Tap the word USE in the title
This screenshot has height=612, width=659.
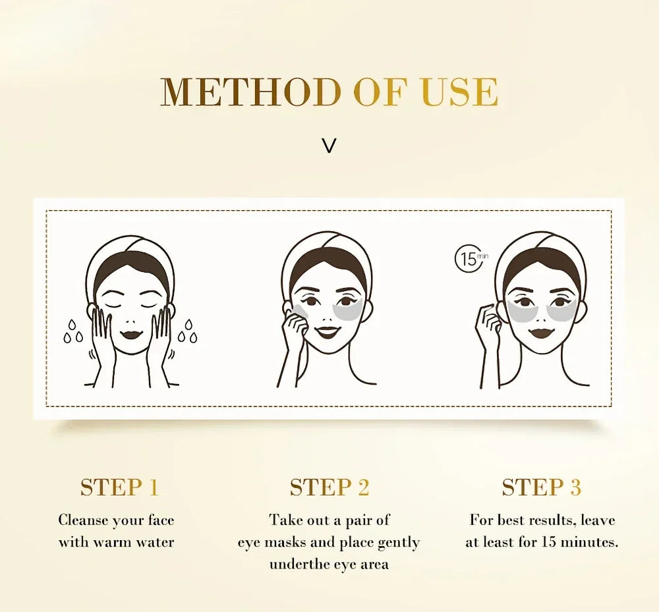point(459,92)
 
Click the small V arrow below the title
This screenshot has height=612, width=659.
point(329,146)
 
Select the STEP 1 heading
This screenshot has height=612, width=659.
point(119,487)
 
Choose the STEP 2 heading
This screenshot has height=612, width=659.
point(329,487)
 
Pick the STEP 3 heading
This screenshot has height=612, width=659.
point(541,487)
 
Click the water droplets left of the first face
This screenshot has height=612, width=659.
point(73,331)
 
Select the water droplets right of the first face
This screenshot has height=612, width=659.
point(188,331)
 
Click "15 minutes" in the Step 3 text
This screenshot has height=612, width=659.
point(580,543)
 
